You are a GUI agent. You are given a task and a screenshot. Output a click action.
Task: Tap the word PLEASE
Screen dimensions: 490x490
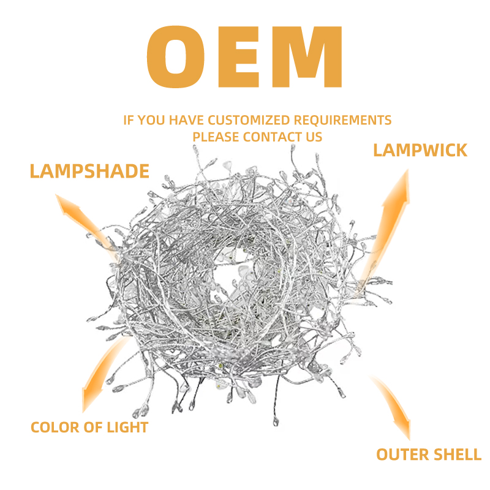coord(216,137)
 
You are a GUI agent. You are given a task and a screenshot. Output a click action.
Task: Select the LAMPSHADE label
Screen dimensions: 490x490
coord(89,171)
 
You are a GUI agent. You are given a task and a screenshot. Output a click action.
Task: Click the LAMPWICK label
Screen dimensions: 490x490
coord(420,150)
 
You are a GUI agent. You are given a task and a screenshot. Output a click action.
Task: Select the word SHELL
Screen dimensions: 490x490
coord(456,454)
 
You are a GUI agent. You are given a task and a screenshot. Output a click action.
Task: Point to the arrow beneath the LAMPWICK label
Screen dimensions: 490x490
coord(390,221)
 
